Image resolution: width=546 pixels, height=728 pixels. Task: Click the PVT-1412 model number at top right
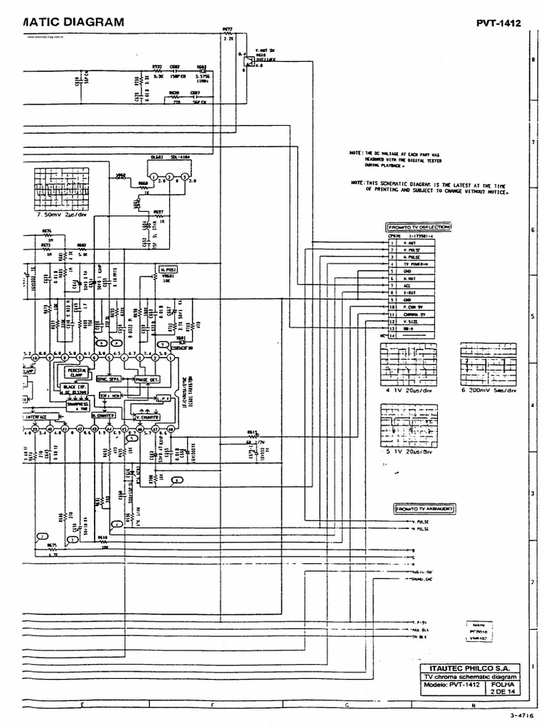(x=498, y=23)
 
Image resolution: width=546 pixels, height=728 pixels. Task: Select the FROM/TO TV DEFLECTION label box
(x=419, y=227)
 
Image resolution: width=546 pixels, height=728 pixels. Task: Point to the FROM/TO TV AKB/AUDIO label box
(x=424, y=509)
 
